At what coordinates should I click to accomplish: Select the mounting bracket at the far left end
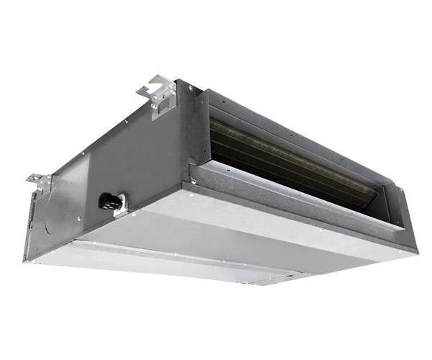(38, 180)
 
